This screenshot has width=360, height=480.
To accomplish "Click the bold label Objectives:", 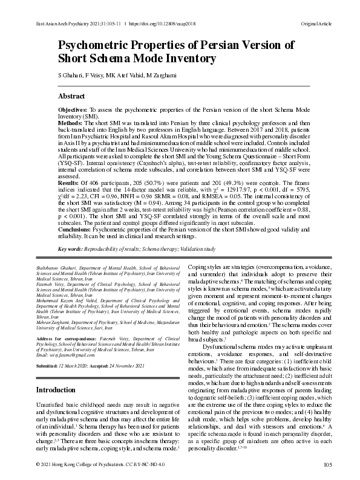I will coord(72,110).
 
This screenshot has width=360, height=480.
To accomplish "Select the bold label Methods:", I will coord(70,123).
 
